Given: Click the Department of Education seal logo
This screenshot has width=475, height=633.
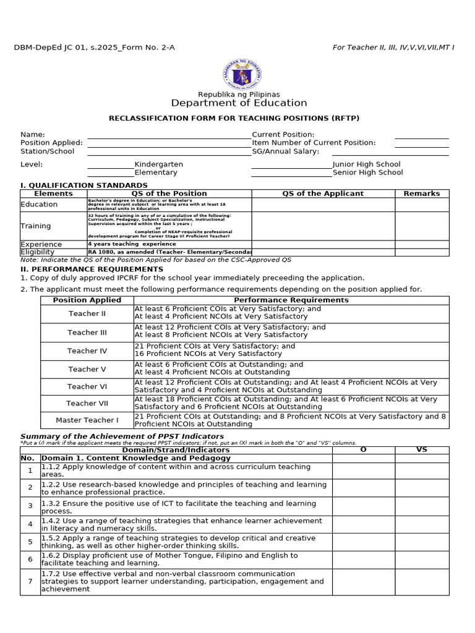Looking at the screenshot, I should tap(242, 75).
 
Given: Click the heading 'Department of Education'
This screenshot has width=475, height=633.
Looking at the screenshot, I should tap(239, 103).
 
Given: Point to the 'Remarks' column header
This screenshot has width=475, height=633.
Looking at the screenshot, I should tap(422, 193).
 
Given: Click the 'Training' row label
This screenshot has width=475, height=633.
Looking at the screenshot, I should tap(36, 226).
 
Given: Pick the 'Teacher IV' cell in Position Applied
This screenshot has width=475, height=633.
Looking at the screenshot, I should tap(87, 351).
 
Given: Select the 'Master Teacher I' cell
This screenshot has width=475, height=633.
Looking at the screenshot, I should tap(87, 420).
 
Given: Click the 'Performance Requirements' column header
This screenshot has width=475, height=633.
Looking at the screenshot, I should tap(291, 300).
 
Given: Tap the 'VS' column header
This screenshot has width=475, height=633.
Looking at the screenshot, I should tap(422, 450).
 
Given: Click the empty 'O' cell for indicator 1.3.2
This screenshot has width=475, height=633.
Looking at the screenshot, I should tap(363, 507).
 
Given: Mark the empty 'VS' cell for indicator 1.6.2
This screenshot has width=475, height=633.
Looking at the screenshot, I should tap(422, 560).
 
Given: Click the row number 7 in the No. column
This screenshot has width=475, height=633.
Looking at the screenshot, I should tap(30, 582).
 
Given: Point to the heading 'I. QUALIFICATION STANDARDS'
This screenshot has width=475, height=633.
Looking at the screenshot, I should tap(84, 185).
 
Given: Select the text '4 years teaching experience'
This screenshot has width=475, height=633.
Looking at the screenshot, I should tap(132, 244).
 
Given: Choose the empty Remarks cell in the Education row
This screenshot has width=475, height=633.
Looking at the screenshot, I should tap(422, 205).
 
